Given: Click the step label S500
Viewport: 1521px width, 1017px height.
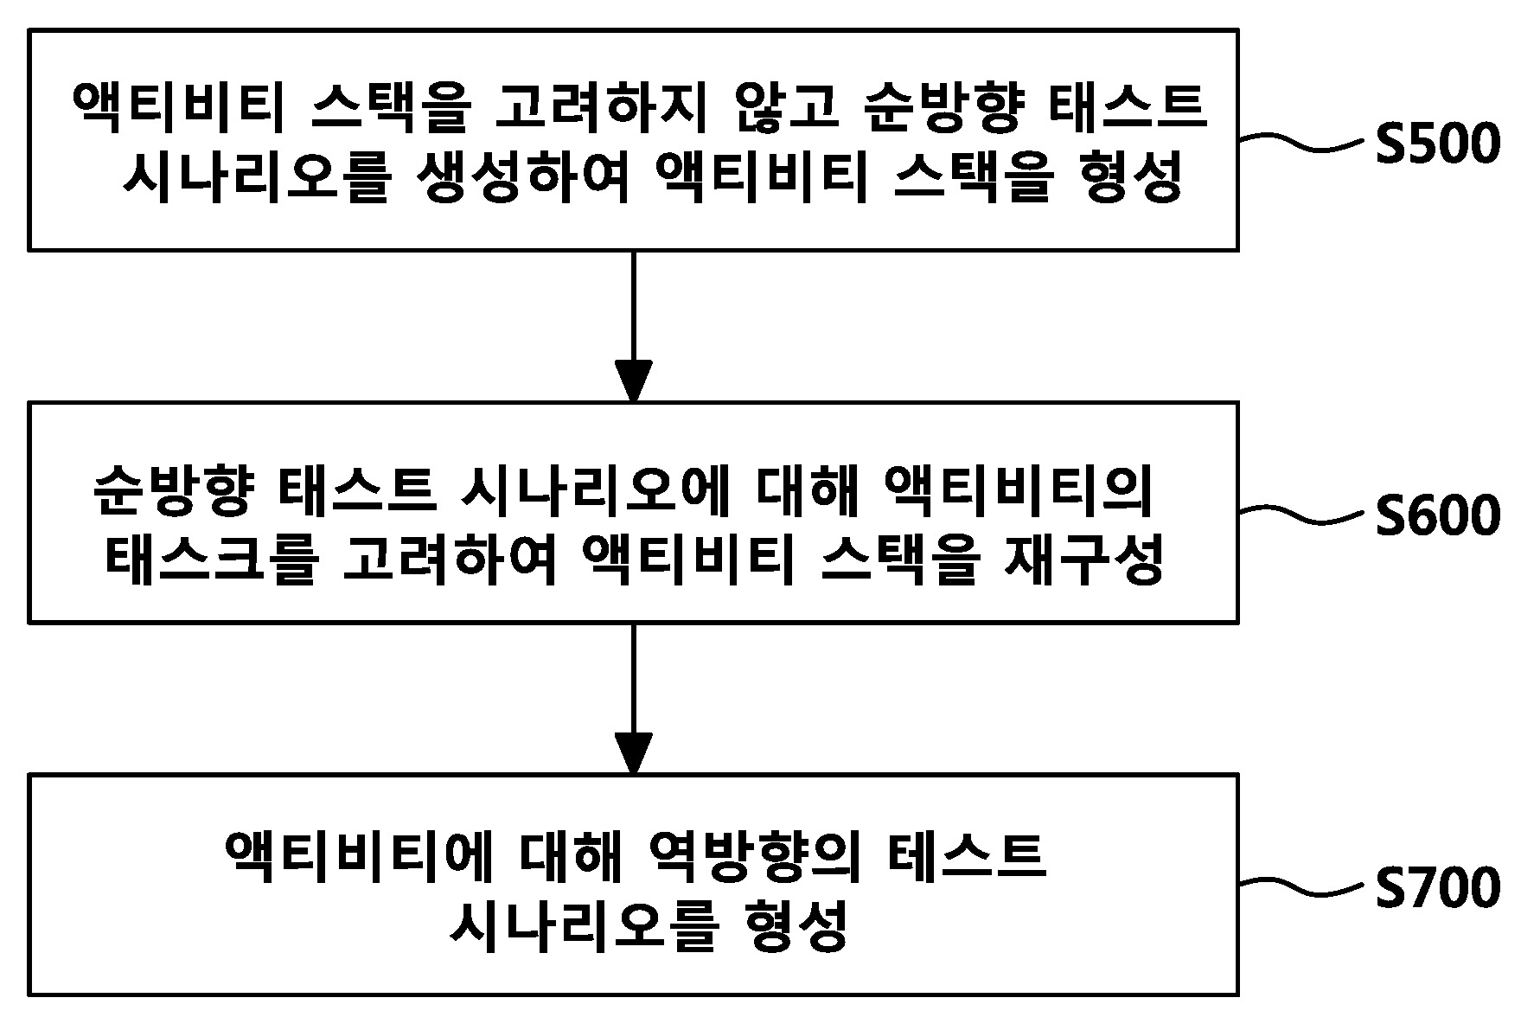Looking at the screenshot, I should (x=1438, y=144).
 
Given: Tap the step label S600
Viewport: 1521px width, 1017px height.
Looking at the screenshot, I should (x=1438, y=516).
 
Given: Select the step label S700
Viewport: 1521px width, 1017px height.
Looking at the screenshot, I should (x=1438, y=888).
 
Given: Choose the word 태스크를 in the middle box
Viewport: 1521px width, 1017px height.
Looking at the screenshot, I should (x=211, y=560).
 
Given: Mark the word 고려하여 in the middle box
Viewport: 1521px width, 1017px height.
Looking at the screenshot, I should (x=450, y=560).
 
